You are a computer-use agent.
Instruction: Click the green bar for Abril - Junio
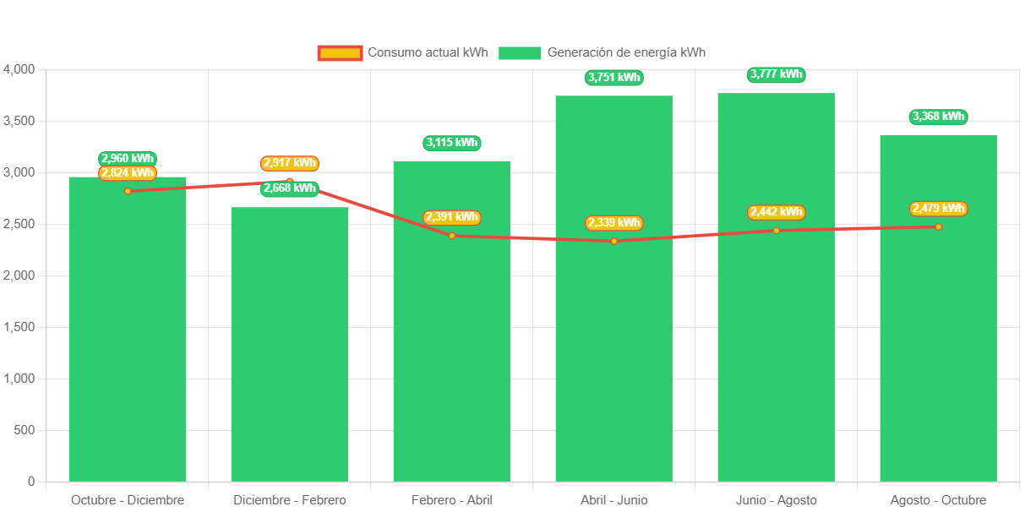click(613, 338)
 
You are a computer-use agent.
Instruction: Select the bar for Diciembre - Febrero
click(290, 355)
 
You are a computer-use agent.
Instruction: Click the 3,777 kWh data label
click(776, 74)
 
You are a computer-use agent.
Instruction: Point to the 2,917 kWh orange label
click(290, 163)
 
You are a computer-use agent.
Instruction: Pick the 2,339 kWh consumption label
click(614, 223)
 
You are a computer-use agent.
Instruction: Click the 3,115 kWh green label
click(452, 143)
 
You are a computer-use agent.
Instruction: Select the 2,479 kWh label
click(938, 209)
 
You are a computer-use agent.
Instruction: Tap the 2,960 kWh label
click(128, 158)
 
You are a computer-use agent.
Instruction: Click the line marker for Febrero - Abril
click(452, 236)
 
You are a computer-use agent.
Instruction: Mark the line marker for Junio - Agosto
click(776, 231)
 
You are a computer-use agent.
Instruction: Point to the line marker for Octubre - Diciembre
click(128, 191)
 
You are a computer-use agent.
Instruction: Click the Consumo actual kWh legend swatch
click(340, 52)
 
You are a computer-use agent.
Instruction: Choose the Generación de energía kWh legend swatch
click(519, 52)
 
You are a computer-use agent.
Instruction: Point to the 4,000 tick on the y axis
click(19, 69)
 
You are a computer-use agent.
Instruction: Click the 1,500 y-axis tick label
click(19, 327)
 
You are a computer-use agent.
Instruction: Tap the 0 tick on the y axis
click(31, 482)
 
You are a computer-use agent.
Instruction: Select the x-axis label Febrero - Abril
click(452, 500)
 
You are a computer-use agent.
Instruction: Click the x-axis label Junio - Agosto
click(776, 500)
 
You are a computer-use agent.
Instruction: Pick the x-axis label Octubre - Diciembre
click(128, 500)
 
